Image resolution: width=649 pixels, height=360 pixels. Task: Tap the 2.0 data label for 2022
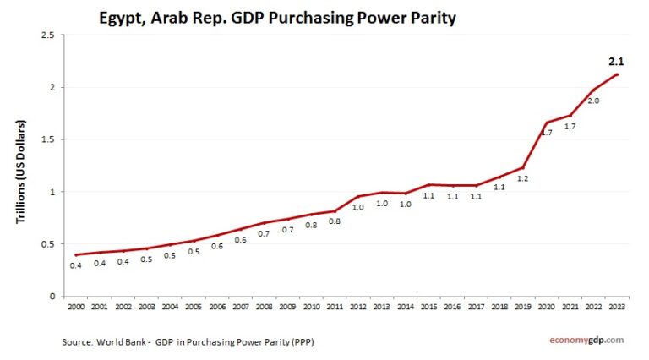[593, 101]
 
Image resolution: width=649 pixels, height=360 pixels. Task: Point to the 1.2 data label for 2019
[522, 178]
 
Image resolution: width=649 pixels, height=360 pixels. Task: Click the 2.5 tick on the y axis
[47, 35]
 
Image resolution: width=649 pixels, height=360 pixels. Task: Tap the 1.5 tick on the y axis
[47, 139]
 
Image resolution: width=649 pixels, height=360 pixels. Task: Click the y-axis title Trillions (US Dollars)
[20, 172]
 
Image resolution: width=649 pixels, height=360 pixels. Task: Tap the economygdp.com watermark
[582, 340]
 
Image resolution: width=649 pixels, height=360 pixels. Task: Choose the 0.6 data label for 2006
[217, 246]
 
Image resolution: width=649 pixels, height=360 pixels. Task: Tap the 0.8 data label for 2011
[335, 221]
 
